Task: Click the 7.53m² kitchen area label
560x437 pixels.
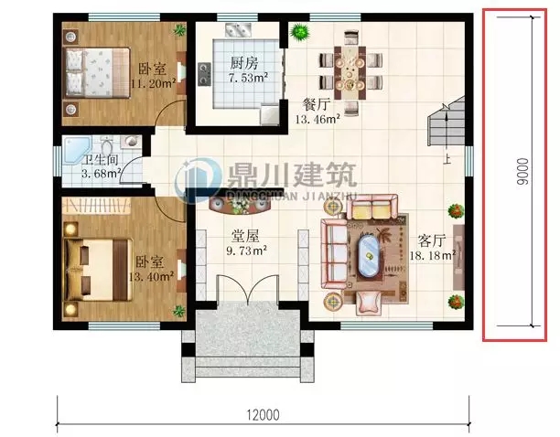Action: pos(247,78)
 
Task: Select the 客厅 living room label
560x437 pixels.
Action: pos(431,240)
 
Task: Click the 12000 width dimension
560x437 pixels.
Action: pos(263,414)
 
